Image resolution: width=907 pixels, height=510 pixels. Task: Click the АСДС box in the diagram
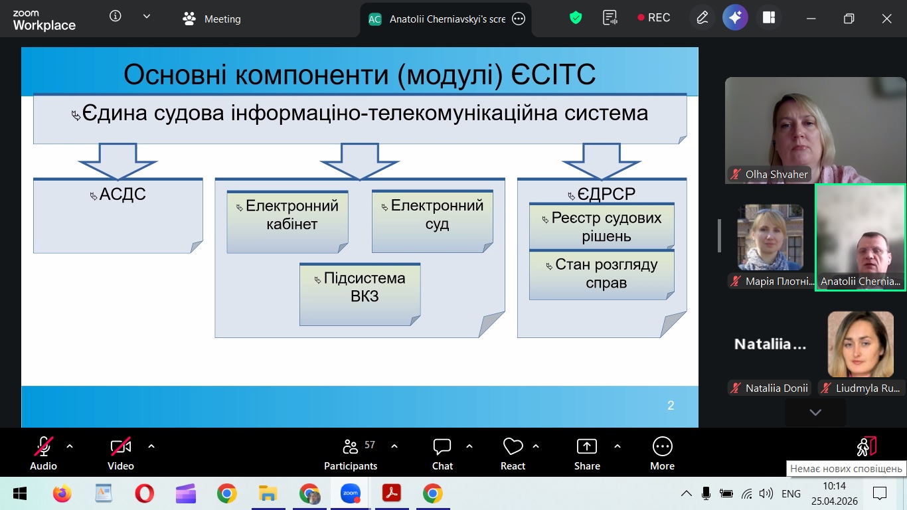tap(118, 216)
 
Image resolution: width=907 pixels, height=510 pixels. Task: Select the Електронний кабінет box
tap(288, 222)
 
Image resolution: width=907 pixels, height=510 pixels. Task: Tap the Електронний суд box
tap(432, 221)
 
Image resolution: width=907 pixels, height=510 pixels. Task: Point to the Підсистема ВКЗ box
tap(360, 294)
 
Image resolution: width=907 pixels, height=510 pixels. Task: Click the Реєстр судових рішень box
tap(602, 226)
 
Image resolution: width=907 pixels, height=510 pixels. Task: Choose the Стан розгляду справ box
tap(602, 275)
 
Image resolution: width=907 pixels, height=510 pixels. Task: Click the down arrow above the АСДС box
tap(118, 161)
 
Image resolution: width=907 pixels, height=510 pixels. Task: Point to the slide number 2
tap(671, 406)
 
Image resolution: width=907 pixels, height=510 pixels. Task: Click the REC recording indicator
tap(653, 17)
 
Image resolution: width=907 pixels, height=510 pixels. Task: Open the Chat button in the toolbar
tap(442, 454)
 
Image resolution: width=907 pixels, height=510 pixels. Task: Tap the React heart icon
tap(513, 446)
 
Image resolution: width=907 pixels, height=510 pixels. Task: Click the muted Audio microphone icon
tap(43, 446)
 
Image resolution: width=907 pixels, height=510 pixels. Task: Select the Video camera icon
tap(121, 446)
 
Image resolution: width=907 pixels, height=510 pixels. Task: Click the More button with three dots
tap(663, 454)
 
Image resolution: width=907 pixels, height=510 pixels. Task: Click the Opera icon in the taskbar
tap(145, 493)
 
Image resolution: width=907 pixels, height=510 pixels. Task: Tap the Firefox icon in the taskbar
tap(62, 493)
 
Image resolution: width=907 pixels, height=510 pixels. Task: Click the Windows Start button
tap(19, 493)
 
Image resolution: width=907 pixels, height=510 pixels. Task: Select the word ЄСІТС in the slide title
tap(553, 74)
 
